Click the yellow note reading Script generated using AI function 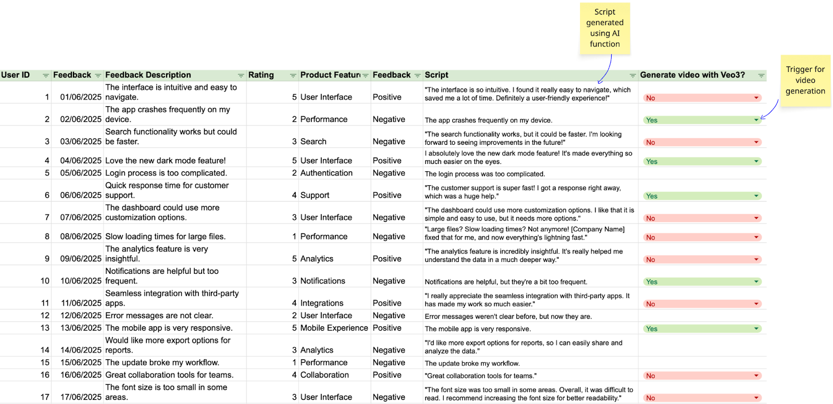[x=604, y=29]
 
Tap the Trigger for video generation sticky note [x=805, y=80]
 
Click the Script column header [x=436, y=75]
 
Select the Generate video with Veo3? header [x=692, y=75]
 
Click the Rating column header [x=261, y=75]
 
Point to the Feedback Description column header [x=148, y=75]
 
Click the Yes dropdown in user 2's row [x=702, y=120]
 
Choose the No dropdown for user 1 [x=702, y=98]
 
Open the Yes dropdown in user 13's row [x=702, y=329]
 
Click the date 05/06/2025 [x=81, y=173]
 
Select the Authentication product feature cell [x=326, y=173]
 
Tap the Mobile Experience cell [x=334, y=328]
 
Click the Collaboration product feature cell [x=324, y=375]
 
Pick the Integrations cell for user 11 [x=322, y=303]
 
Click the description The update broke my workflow [x=162, y=362]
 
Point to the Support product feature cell [x=314, y=195]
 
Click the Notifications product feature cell [x=322, y=281]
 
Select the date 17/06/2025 [x=81, y=397]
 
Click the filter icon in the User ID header [x=46, y=75]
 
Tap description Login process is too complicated [x=166, y=173]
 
